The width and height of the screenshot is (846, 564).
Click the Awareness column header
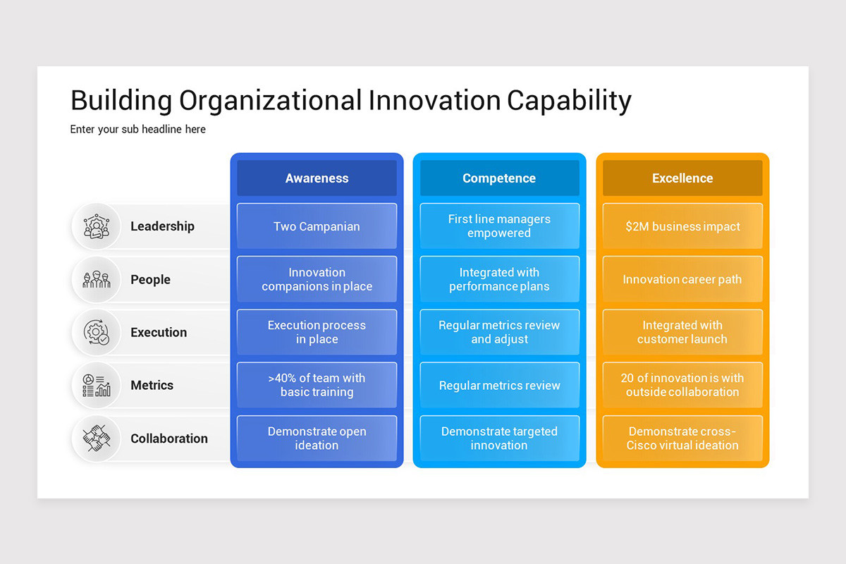(x=317, y=178)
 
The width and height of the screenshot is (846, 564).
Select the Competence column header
(x=499, y=178)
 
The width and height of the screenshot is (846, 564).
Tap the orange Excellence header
(x=682, y=178)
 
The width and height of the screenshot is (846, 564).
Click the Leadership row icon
(x=97, y=226)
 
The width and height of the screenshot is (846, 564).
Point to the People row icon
(x=97, y=279)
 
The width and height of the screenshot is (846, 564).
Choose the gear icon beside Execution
(x=97, y=332)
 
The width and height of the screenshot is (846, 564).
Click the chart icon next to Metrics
(x=97, y=385)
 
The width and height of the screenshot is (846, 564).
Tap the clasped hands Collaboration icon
(x=97, y=439)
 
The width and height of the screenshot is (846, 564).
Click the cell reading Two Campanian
(x=317, y=226)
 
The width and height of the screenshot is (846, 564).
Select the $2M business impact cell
(x=682, y=226)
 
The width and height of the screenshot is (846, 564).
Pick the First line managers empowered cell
(x=499, y=226)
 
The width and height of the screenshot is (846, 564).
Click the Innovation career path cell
(x=682, y=279)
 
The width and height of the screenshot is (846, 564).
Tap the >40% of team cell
(x=317, y=385)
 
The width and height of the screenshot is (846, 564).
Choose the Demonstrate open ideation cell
(x=317, y=439)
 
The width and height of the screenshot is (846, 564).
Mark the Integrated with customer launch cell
(x=682, y=332)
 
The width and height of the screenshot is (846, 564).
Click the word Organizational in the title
(x=270, y=101)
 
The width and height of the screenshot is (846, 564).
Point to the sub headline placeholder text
(x=138, y=130)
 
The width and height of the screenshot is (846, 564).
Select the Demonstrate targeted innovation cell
(x=499, y=439)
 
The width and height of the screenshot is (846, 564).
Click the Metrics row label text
(x=152, y=385)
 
